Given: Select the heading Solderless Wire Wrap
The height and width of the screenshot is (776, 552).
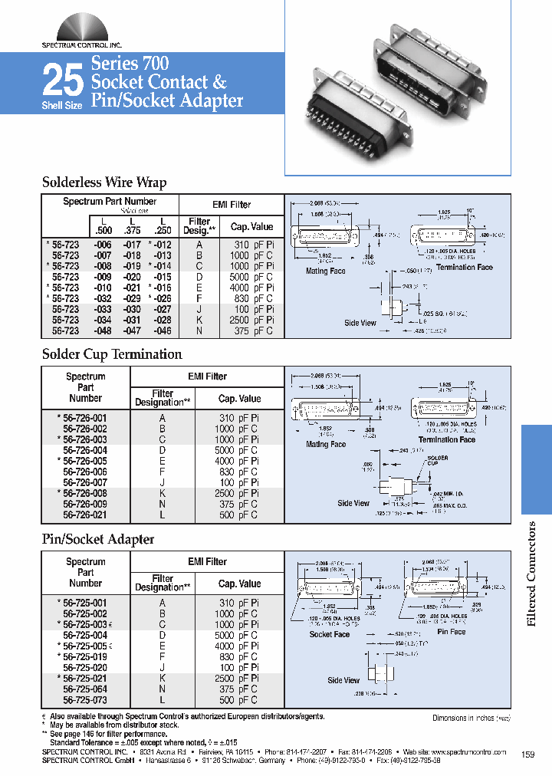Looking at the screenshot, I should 103,182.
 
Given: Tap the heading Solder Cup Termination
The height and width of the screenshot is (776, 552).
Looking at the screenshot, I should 111,354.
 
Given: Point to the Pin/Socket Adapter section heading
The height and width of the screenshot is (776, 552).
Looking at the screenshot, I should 97,539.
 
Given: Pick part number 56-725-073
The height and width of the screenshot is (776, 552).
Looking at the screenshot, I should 85,700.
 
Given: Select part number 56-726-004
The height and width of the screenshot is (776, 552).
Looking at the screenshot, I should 85,451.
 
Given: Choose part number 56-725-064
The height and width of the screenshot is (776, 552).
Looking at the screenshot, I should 85,689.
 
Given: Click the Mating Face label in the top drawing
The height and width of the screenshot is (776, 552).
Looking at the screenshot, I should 326,271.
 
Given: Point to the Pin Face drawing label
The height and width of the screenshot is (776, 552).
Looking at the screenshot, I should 452,632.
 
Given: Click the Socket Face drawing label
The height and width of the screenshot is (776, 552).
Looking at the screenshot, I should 330,634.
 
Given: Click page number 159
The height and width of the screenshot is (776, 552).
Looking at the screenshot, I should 528,754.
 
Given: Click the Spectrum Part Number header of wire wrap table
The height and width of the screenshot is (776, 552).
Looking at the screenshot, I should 110,202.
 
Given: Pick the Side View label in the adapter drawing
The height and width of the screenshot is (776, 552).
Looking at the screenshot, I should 343,680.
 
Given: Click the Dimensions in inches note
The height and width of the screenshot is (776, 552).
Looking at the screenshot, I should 472,718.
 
